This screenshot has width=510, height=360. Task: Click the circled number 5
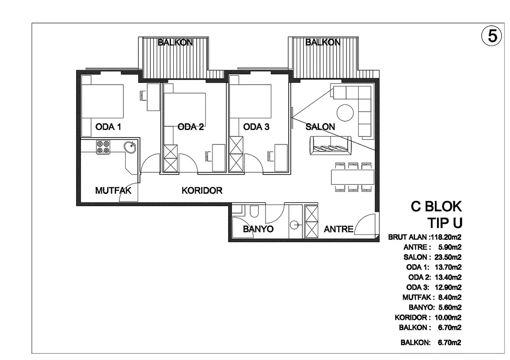click(492, 36)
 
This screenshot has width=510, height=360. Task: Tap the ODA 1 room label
click(108, 126)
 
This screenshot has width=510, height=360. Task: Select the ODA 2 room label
click(190, 126)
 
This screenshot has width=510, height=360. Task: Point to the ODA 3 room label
click(256, 126)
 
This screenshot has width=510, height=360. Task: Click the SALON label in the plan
click(320, 126)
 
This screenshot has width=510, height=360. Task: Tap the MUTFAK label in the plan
click(113, 190)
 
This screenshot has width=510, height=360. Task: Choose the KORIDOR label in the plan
click(202, 190)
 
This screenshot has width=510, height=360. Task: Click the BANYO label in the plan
click(258, 229)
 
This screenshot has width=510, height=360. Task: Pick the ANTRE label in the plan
click(338, 229)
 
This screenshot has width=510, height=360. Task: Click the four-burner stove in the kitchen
click(103, 147)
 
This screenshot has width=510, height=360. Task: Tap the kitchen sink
click(130, 147)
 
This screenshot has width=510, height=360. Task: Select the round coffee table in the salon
click(345, 112)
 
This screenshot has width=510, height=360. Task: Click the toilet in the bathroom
click(254, 211)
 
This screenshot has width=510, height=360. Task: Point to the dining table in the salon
click(352, 177)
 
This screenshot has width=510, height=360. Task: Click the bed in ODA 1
click(103, 101)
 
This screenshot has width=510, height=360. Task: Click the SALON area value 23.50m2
click(448, 257)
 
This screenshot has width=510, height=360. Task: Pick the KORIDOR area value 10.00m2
click(448, 317)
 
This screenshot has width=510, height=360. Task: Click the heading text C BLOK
click(436, 207)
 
